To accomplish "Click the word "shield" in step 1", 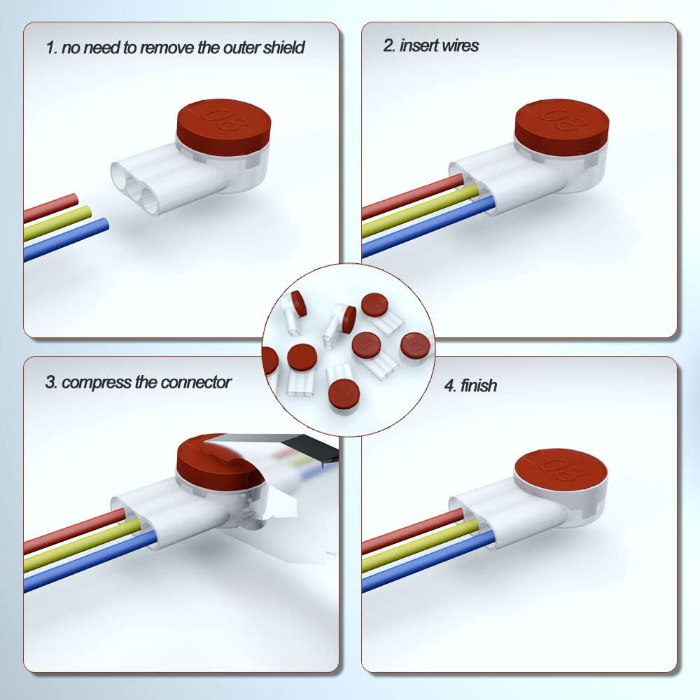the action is [x=283, y=48].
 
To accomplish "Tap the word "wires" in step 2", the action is [x=460, y=45].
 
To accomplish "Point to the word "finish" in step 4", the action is [x=478, y=385].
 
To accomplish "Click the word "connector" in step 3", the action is [x=195, y=382].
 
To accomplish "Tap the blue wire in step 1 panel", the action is [x=66, y=239].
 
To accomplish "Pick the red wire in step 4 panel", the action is [x=412, y=531].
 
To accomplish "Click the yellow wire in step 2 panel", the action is [x=420, y=211].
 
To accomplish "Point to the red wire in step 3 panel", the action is [x=75, y=531].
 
